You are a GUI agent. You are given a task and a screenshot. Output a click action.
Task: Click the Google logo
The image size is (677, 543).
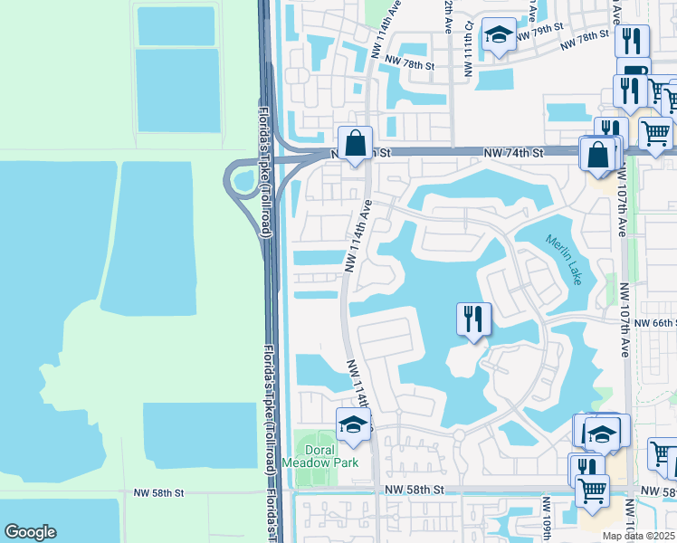pyautogui.click(x=30, y=532)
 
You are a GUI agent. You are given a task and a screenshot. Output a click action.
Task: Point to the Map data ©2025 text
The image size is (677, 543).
pyautogui.click(x=639, y=536)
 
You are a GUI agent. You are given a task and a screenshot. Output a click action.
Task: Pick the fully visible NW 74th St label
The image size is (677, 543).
pyautogui.click(x=513, y=153)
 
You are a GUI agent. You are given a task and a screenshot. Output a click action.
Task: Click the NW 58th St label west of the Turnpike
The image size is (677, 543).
pyautogui.click(x=158, y=492)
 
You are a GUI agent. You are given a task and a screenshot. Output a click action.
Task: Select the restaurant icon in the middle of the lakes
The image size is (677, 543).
pyautogui.click(x=473, y=319)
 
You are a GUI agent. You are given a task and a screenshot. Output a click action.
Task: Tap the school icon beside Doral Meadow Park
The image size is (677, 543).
pyautogui.click(x=353, y=424)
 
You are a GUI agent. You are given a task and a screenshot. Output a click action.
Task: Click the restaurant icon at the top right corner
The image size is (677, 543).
pyautogui.click(x=631, y=42)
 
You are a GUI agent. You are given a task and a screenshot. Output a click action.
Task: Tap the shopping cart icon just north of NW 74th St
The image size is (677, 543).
pyautogui.click(x=655, y=133)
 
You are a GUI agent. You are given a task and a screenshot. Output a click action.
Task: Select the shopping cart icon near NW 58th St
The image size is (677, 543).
pyautogui.click(x=592, y=491)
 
